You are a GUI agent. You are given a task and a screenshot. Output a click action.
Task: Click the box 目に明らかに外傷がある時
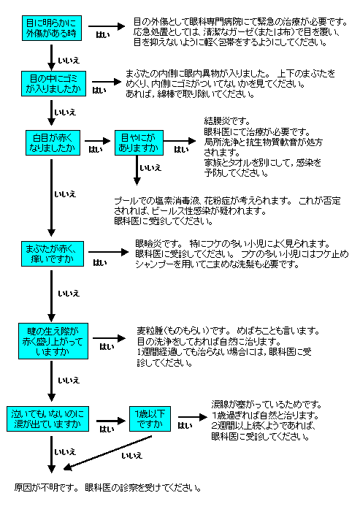[52, 28]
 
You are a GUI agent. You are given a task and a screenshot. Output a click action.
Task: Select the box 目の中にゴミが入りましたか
[53, 83]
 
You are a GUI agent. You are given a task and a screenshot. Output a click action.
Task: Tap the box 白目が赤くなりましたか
[53, 142]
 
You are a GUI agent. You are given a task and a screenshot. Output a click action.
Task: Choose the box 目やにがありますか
[139, 142]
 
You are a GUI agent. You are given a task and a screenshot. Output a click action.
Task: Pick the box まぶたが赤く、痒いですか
[53, 254]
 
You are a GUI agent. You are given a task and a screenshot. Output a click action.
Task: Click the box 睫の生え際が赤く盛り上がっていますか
[53, 341]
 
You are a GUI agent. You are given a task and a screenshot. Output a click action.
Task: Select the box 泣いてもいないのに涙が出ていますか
[47, 419]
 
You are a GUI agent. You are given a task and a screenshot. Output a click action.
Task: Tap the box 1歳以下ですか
[150, 419]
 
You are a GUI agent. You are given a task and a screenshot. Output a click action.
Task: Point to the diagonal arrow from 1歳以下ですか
[107, 453]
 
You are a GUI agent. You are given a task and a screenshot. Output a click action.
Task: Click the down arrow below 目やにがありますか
[137, 170]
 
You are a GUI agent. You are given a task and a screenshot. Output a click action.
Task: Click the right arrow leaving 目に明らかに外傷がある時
[107, 26]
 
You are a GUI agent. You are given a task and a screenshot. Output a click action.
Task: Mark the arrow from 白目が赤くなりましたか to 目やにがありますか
[98, 141]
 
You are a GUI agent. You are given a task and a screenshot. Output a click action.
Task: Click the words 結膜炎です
[227, 121]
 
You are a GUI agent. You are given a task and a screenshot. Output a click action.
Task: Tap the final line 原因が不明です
[46, 488]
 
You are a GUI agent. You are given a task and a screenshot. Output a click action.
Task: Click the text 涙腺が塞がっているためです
[267, 405]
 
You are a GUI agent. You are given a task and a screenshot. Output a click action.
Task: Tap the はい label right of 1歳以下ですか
[185, 426]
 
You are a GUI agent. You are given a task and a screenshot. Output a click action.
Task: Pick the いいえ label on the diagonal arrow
[132, 456]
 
